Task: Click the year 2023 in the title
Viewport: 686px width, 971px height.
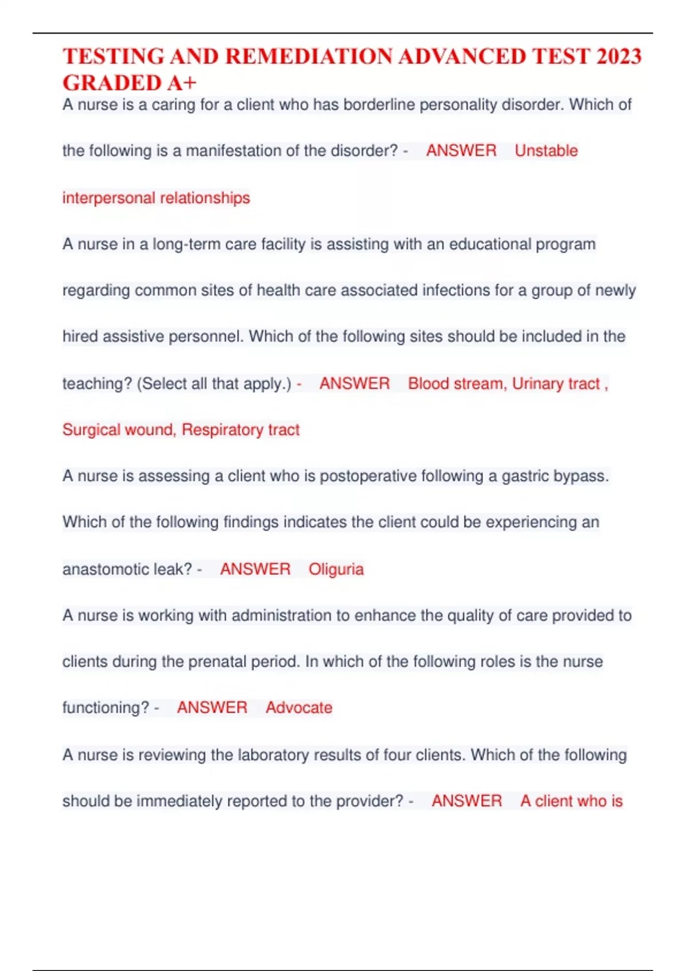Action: pos(619,57)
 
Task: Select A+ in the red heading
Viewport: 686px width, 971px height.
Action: pos(182,83)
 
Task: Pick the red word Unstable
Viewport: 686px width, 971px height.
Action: pos(546,151)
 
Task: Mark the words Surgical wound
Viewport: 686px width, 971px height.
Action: pos(118,430)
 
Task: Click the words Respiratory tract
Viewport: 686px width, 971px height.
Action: pos(240,430)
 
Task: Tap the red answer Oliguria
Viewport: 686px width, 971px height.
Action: pos(336,569)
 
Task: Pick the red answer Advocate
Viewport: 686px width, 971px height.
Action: pos(299,708)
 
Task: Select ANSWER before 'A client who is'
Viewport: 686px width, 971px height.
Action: pos(466,801)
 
